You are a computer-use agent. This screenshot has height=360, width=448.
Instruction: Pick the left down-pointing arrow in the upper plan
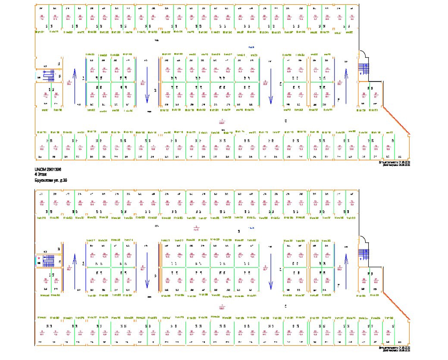coord(147,85)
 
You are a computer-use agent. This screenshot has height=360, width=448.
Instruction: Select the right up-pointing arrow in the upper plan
coord(345,85)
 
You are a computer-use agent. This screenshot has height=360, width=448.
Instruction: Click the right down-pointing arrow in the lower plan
coord(271,272)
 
